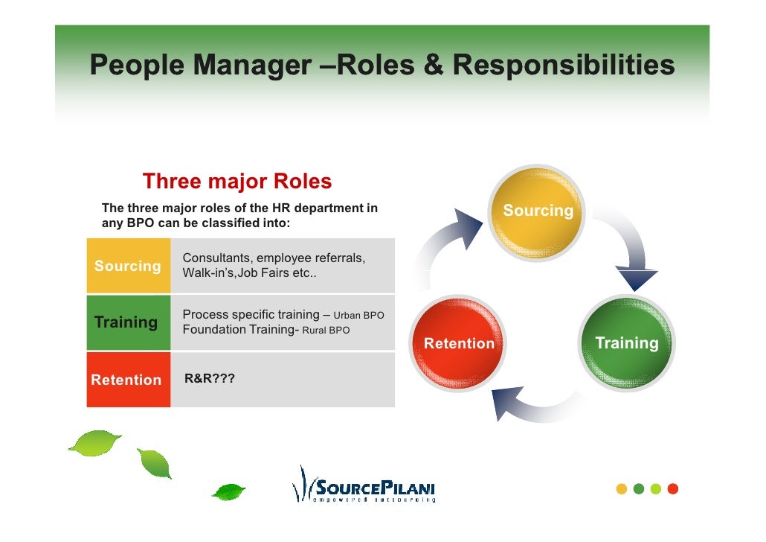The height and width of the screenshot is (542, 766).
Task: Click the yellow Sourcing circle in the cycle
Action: tap(538, 211)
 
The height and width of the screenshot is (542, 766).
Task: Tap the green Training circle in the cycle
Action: tap(626, 343)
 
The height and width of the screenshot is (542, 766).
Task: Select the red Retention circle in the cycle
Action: tap(458, 343)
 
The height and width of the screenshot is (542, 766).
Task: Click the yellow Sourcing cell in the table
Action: tap(128, 266)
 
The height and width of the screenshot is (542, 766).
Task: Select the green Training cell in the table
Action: tap(128, 322)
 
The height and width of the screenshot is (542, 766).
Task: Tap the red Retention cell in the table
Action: tap(128, 380)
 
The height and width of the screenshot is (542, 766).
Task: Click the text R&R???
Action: tap(210, 379)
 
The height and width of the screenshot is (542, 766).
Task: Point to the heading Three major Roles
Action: tap(236, 182)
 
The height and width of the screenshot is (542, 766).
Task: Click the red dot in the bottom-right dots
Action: tap(673, 489)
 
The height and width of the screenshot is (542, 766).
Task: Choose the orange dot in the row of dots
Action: tap(622, 489)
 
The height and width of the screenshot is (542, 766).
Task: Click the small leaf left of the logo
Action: tap(228, 491)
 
